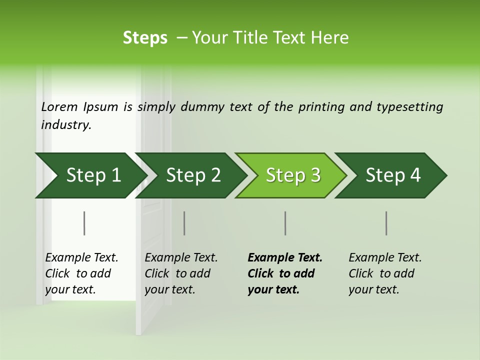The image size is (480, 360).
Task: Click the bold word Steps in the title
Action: click(x=145, y=38)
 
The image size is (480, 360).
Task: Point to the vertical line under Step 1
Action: click(x=84, y=223)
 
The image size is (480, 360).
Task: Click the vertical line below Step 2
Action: click(x=184, y=223)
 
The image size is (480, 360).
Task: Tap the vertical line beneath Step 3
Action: click(x=285, y=223)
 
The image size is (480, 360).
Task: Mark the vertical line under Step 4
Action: click(x=386, y=223)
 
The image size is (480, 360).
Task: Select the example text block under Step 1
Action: click(x=81, y=273)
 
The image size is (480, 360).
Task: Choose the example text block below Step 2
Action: click(x=180, y=273)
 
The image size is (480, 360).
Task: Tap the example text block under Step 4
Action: click(x=384, y=273)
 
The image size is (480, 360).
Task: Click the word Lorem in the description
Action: click(x=59, y=107)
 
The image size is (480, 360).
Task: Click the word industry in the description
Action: click(x=65, y=125)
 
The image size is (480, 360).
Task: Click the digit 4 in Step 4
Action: click(x=415, y=175)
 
